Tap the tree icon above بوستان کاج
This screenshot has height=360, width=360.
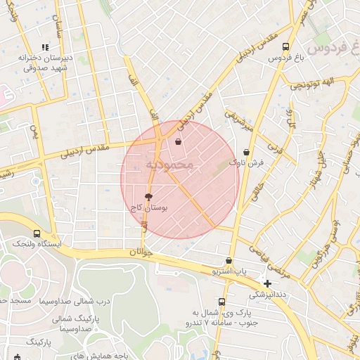coord(148,198)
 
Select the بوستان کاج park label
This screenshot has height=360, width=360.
coord(148,209)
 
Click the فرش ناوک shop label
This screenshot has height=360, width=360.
coord(250,162)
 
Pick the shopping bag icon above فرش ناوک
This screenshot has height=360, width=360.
coord(246,152)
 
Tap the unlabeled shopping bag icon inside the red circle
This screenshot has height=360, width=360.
coord(178,142)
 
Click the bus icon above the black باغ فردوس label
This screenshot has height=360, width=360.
coord(284,47)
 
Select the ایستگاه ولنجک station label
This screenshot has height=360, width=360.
coord(37,243)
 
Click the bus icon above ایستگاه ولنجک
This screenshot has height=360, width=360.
coord(37,233)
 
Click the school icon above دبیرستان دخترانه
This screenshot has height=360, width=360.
coord(45,48)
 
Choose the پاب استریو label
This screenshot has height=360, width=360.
coord(231,270)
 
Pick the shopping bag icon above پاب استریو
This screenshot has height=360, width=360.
coord(229,260)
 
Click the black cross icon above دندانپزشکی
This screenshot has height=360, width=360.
coord(267,283)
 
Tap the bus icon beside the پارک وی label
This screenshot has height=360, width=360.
coord(221,302)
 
